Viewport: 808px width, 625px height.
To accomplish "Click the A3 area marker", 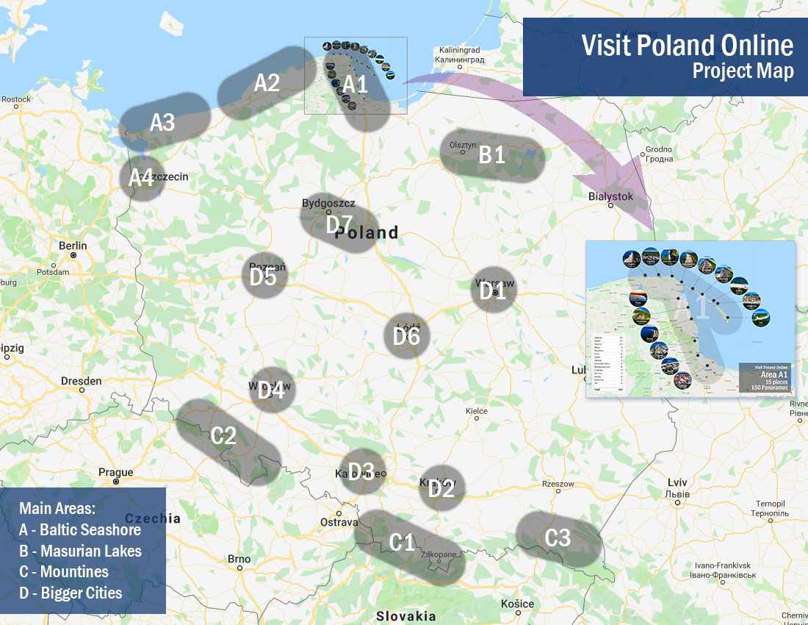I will point(162,122).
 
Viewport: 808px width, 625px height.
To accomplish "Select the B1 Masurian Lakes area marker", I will point(492,156).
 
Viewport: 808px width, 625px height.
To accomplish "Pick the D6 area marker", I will point(406,336).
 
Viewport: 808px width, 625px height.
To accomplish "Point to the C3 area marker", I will point(558,538).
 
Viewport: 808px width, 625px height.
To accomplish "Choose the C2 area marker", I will point(223,436).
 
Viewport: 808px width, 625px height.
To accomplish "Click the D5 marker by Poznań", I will point(263,276).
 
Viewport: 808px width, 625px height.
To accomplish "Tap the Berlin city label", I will point(73,246).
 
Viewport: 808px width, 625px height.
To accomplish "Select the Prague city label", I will point(116,472).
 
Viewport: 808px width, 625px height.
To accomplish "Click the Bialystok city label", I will point(610,196).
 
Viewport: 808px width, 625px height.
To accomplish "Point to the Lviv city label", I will point(677,482).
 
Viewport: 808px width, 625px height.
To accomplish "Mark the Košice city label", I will point(517,604).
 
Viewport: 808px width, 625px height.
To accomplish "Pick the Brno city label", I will point(239,559).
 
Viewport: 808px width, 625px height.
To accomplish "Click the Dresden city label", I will point(82,381).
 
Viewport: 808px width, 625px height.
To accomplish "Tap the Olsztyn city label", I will point(463,145).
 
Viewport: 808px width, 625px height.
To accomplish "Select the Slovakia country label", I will point(405,616).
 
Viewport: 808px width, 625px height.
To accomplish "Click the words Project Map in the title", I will point(743,71).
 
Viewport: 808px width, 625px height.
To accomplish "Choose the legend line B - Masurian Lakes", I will point(80,551).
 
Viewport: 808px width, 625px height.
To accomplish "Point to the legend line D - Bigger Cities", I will point(71,593).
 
